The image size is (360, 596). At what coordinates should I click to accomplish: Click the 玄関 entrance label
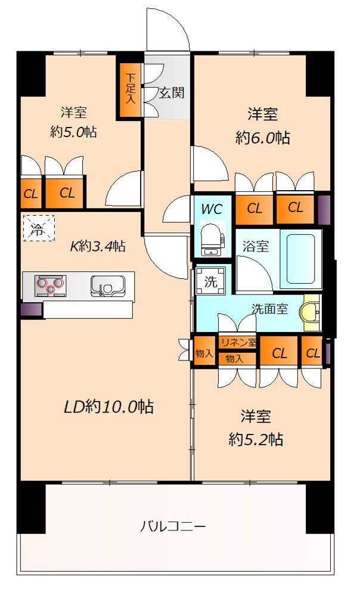click(172, 92)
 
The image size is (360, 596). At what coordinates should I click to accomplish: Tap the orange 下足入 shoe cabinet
click(131, 90)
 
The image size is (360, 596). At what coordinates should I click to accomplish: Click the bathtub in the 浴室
click(301, 259)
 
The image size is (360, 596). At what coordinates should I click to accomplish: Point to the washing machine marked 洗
click(210, 281)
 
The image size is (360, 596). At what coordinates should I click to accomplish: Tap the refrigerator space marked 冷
click(39, 228)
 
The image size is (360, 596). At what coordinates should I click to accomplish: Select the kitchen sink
click(108, 285)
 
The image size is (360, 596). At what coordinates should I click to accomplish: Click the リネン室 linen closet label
click(239, 342)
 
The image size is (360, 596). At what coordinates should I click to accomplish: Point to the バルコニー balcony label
click(173, 526)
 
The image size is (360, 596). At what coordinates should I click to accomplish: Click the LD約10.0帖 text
click(108, 406)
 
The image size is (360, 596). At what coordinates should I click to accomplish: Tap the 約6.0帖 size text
click(263, 137)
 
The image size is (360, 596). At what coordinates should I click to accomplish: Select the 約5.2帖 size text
click(256, 439)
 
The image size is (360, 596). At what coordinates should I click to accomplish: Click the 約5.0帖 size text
click(74, 132)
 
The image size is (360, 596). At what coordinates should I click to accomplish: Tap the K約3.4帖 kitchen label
click(98, 246)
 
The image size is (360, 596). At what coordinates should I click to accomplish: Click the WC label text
click(212, 209)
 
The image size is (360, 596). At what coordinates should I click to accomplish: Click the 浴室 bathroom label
click(256, 246)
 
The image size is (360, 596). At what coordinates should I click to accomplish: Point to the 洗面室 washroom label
click(269, 309)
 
